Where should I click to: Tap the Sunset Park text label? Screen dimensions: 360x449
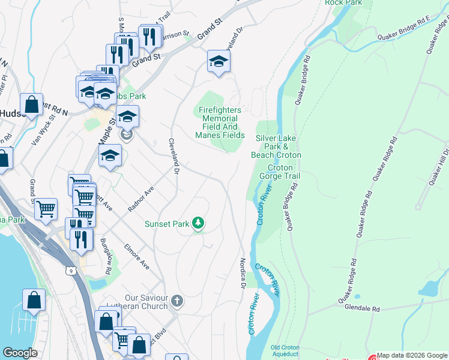(166, 224)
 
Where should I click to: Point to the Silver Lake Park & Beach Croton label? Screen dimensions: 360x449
(279, 146)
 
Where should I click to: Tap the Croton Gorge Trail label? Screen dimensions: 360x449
(279, 172)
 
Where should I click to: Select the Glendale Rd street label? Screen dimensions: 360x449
(363, 309)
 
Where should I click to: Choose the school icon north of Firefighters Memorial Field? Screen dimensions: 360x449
(218, 61)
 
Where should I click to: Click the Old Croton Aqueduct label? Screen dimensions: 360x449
(285, 351)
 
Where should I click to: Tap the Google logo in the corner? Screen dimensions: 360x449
(20, 353)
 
